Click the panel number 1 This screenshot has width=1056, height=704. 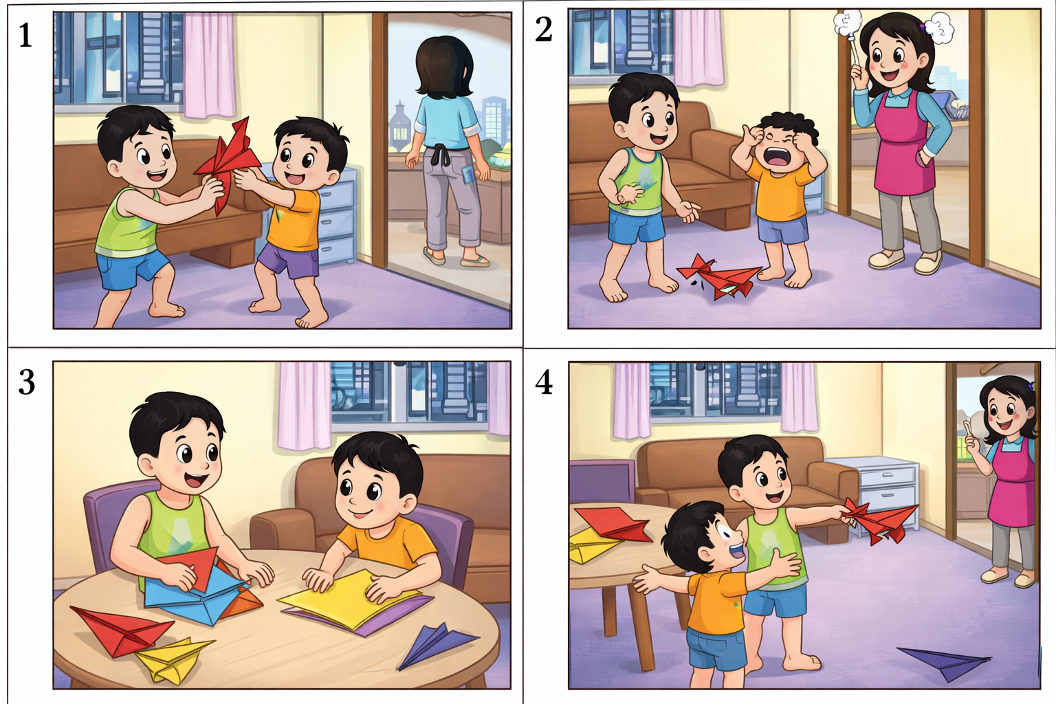(25, 35)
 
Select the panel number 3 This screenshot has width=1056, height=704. (26, 382)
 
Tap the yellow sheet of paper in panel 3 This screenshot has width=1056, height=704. (348, 599)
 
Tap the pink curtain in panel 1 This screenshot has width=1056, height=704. (209, 65)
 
